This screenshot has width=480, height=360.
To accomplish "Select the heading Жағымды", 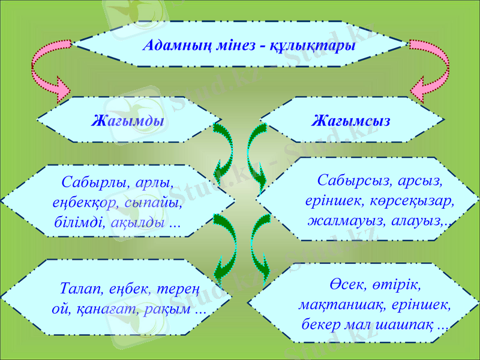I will (x=128, y=121).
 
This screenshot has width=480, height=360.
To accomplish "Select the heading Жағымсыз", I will (x=351, y=121).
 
